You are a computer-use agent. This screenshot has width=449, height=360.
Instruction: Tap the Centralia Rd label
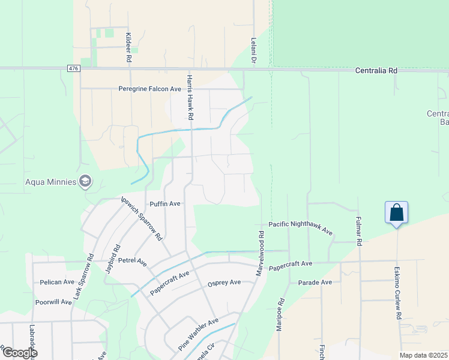coord(376,70)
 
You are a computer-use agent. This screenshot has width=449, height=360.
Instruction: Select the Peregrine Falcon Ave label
coord(150,89)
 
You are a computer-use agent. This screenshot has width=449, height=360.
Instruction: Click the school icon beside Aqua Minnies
coord(86,181)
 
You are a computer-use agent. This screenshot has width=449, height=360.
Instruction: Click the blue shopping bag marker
coord(396,213)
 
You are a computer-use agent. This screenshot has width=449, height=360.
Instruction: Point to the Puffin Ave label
coord(165,204)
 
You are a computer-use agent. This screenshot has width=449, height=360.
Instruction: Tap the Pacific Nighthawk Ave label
coord(300,227)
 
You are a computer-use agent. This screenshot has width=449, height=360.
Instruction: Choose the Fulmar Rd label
coord(359,231)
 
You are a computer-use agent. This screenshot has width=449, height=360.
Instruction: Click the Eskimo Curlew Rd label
coord(397,293)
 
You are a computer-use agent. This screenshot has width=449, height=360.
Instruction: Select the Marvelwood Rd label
coord(261,254)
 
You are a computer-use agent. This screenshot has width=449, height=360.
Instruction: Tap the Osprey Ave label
coord(224,282)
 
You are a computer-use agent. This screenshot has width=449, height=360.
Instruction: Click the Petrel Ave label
coord(133,262)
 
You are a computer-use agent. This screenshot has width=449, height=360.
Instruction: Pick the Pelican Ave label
coord(57,282)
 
